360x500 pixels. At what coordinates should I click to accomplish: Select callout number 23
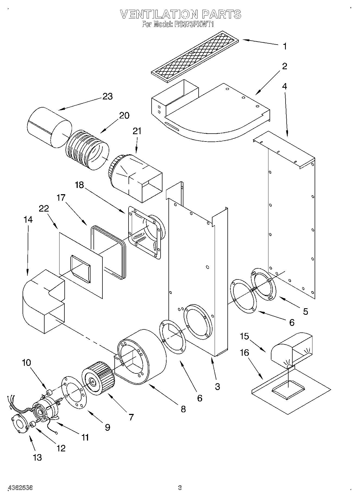(x=108, y=96)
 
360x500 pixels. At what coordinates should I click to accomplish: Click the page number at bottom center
(x=180, y=488)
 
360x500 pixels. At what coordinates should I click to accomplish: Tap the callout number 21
(x=137, y=131)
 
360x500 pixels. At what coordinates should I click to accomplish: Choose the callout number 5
(x=305, y=312)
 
